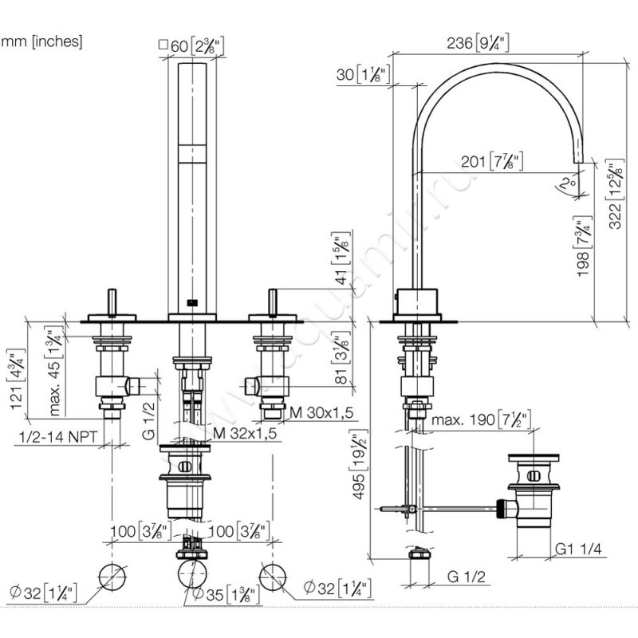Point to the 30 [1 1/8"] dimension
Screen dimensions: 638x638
[x=364, y=76]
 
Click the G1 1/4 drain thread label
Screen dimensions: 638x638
[x=580, y=549]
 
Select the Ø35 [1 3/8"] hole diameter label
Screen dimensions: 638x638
[x=215, y=593]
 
